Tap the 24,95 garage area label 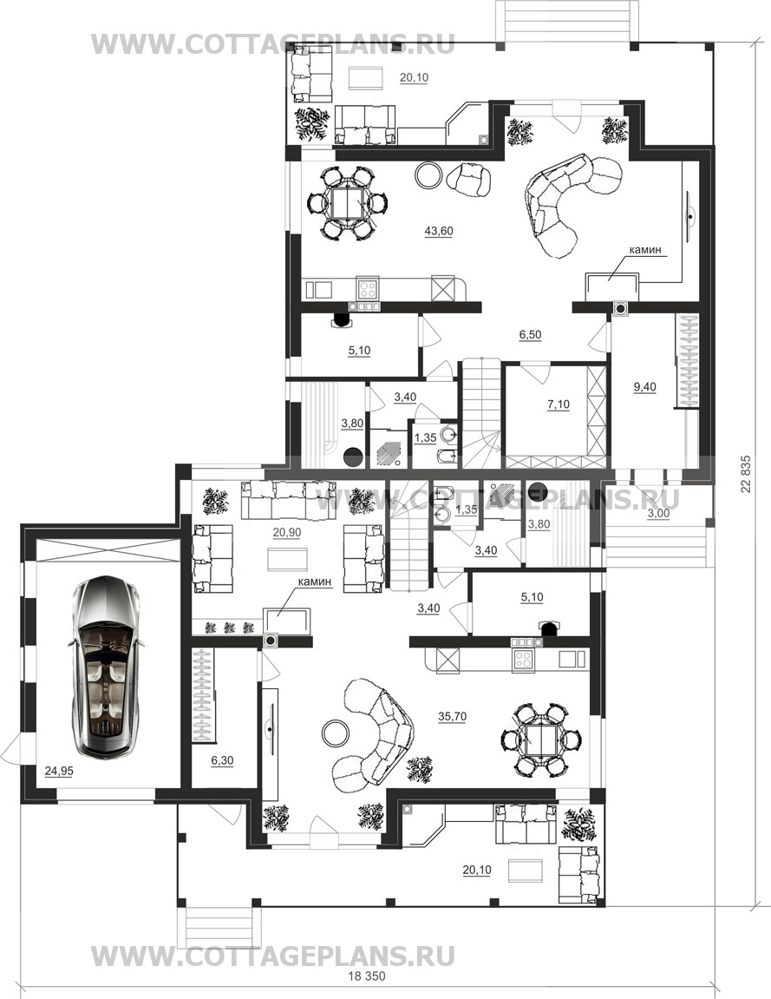click(x=59, y=771)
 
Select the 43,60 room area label click(x=439, y=231)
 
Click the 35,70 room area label click(x=452, y=716)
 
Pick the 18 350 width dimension click(x=367, y=976)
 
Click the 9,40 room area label click(x=645, y=386)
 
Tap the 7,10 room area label click(x=559, y=404)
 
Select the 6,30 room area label click(x=221, y=760)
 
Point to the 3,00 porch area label click(x=658, y=514)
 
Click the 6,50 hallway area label click(x=530, y=335)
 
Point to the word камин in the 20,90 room click(x=314, y=582)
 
